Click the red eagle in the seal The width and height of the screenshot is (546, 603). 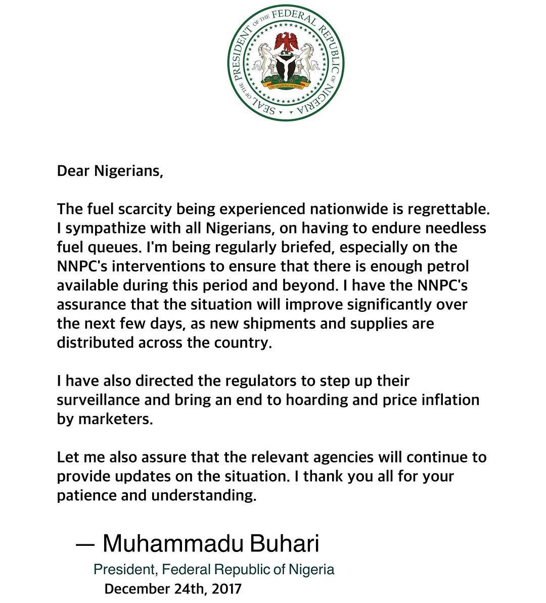(286, 41)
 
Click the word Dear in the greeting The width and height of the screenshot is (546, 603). (73, 171)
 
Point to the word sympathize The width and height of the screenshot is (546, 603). (107, 228)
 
